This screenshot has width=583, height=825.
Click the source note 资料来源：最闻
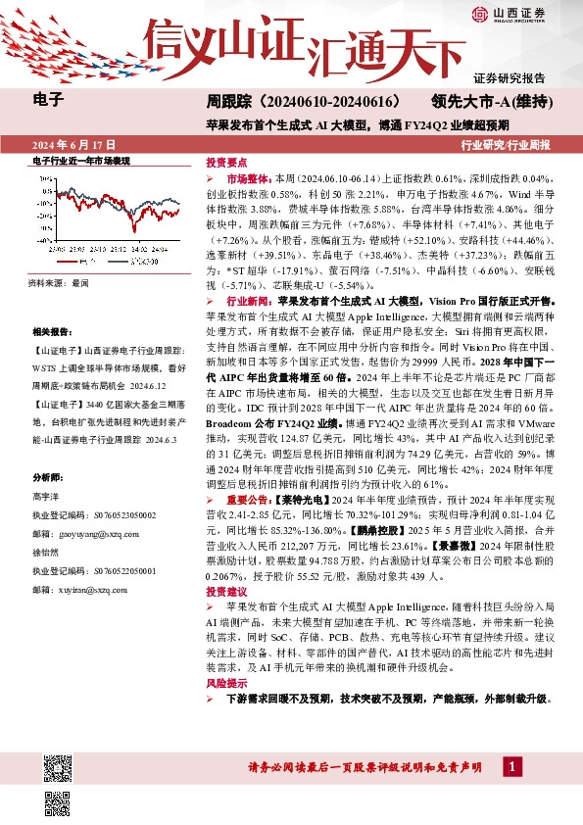click(59, 281)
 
